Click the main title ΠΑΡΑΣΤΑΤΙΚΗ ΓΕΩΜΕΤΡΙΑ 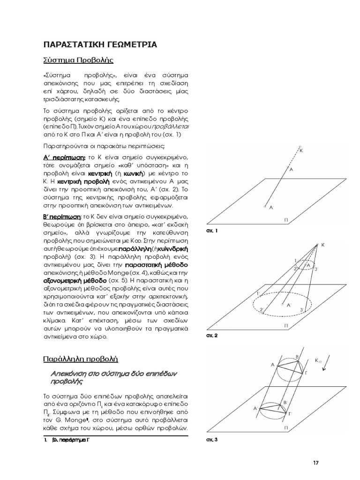(100, 45)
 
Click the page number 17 (315, 463)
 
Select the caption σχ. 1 (212, 231)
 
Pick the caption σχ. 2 (212, 336)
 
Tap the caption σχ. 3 (212, 440)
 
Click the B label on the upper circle (296, 358)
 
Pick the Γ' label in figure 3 (290, 414)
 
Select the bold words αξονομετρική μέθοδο (69, 279)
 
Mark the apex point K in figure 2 (317, 244)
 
